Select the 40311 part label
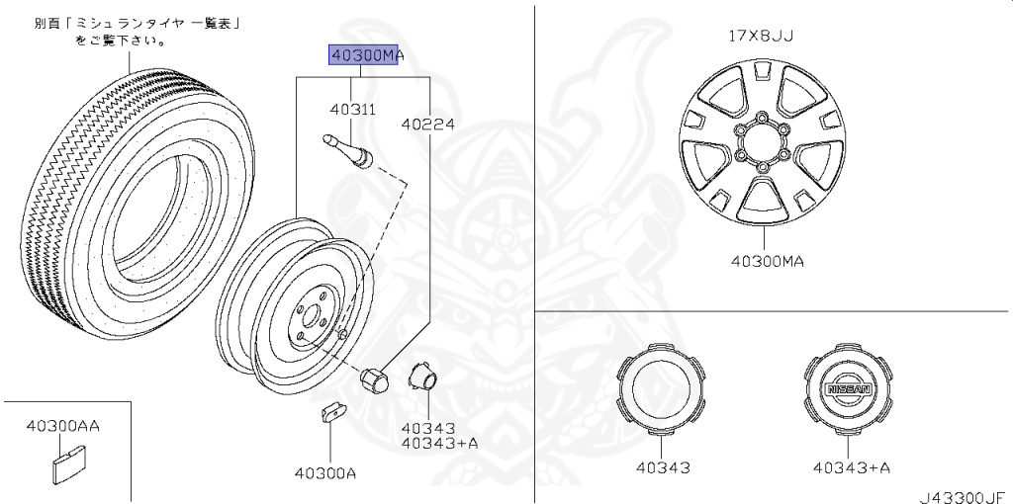point(352,110)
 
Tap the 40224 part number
point(427,124)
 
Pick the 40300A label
point(325,473)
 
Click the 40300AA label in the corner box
point(63,427)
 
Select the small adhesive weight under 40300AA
point(66,464)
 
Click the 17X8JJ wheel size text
point(761,37)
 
